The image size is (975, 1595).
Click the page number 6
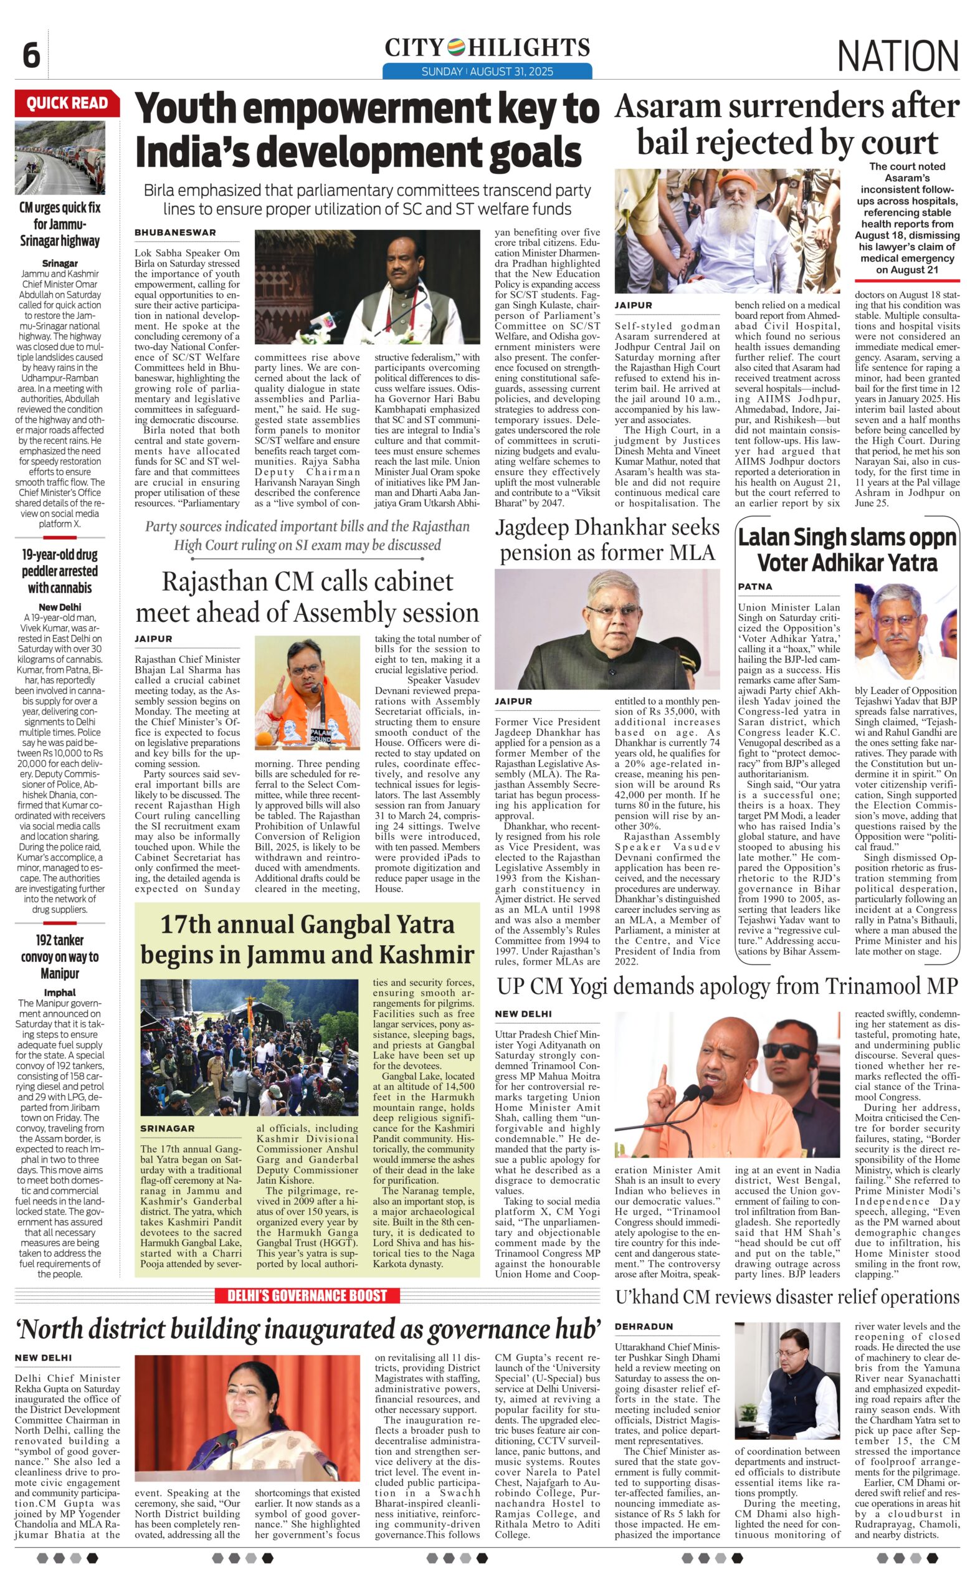31,55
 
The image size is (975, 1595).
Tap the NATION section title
897,55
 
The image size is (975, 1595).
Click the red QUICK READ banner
67,103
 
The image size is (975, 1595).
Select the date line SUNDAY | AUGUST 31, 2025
487,71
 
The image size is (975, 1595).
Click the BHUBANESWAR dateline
176,232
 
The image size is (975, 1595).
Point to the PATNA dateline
755,586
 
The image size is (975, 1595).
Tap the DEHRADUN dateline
644,1326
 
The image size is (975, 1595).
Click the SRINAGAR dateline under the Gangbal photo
167,1128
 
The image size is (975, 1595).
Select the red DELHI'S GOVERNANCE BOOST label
307,1295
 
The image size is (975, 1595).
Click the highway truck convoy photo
60,158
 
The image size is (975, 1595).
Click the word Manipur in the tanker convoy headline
60,974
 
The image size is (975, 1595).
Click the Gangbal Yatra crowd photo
249,1047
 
